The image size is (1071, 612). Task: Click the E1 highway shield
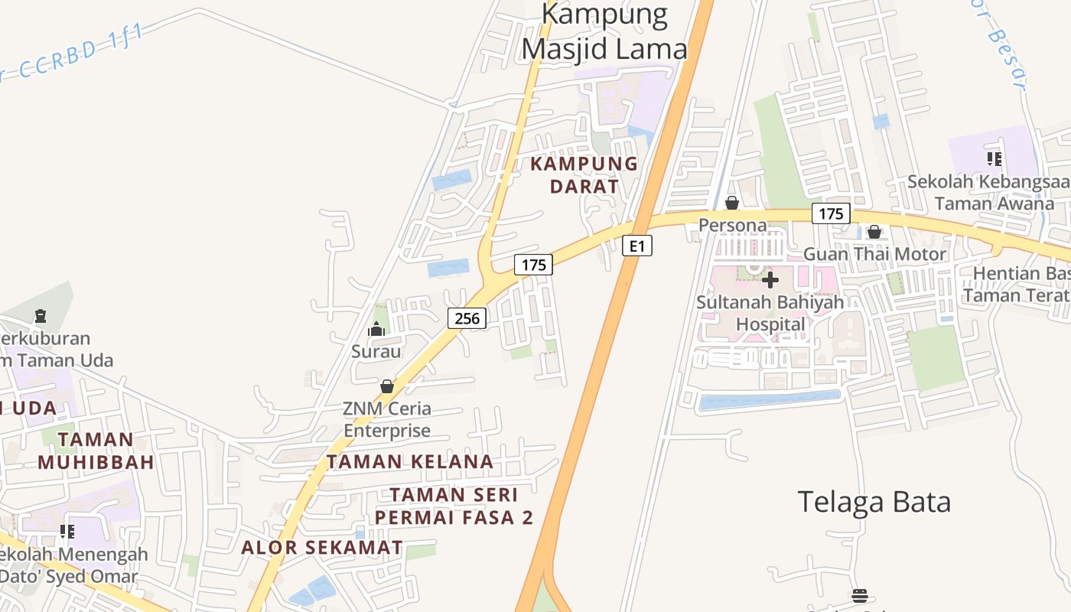[637, 246]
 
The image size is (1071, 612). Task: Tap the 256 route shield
[467, 318]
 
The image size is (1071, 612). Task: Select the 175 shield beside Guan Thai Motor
[831, 213]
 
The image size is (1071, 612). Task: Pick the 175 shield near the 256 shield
[533, 265]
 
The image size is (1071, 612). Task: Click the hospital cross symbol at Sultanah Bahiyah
[770, 280]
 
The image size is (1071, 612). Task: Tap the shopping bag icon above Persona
[732, 203]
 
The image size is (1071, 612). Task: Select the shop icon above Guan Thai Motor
[874, 232]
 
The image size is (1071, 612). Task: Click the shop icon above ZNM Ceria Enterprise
[387, 386]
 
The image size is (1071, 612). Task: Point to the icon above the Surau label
[376, 330]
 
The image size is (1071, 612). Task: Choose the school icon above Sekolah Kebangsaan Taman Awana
[994, 159]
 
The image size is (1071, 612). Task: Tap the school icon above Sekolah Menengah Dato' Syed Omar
[67, 531]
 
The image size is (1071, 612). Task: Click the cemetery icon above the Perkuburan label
[41, 315]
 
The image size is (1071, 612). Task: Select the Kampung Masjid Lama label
[604, 31]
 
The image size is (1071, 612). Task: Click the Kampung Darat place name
[584, 174]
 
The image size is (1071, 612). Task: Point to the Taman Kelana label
[410, 461]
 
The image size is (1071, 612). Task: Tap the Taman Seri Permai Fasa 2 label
[454, 506]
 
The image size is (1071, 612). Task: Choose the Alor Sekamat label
[322, 548]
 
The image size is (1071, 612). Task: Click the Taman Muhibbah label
[96, 451]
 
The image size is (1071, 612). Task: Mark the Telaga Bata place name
[874, 502]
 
